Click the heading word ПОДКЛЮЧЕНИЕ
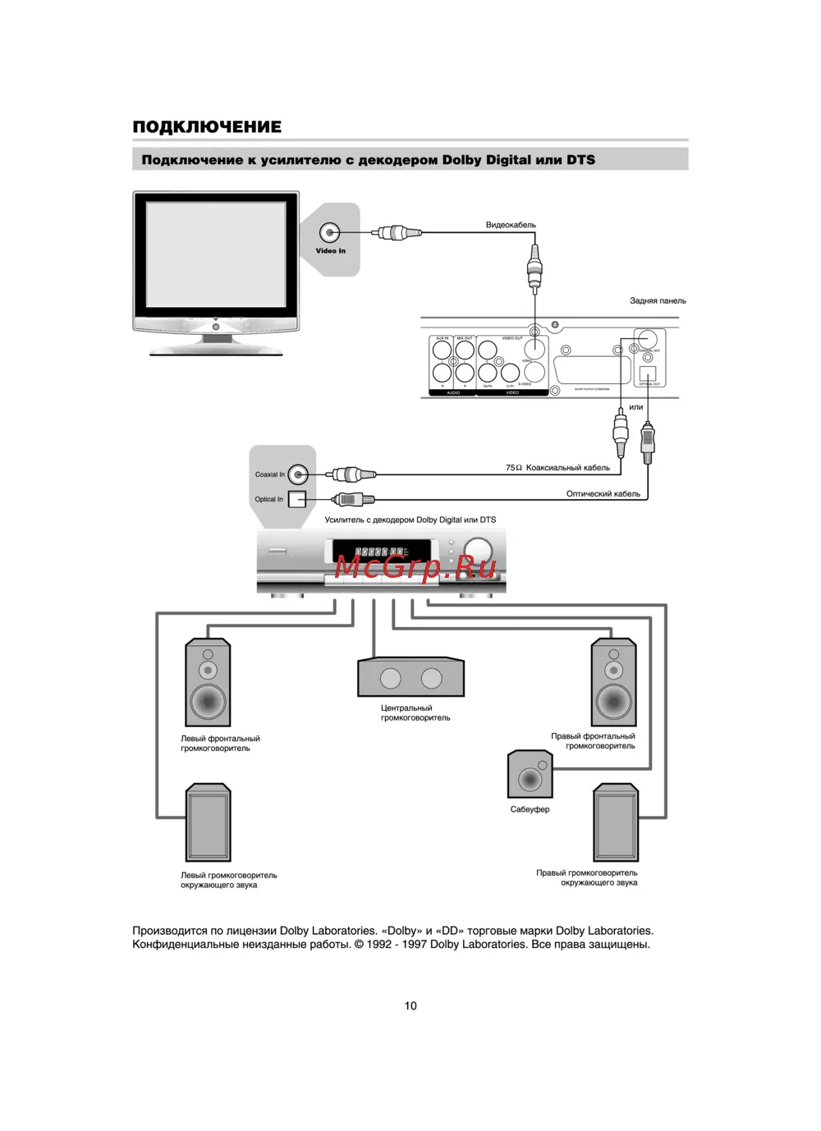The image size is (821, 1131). pos(207,126)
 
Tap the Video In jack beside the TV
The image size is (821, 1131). pos(329,233)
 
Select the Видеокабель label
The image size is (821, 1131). pos(511,225)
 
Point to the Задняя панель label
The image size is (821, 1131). pos(658,300)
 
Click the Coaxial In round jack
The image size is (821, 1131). pos(298,474)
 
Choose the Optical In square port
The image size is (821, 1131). pos(296,499)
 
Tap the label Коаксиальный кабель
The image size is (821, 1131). pos(567,468)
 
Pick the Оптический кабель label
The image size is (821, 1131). pos(603,494)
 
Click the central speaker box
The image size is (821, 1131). pos(410,677)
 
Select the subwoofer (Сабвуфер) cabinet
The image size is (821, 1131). pos(530,774)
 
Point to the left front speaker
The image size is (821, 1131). pos(208,682)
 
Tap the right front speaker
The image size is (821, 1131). pos(613,681)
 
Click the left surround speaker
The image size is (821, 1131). pos(208,823)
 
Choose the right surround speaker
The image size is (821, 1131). pos(616,822)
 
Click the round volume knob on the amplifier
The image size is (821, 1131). pos(477,548)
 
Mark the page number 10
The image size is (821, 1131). pos(410,1005)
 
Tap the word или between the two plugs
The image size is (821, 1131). pos(636,407)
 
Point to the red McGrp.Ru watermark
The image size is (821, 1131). pos(415,566)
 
